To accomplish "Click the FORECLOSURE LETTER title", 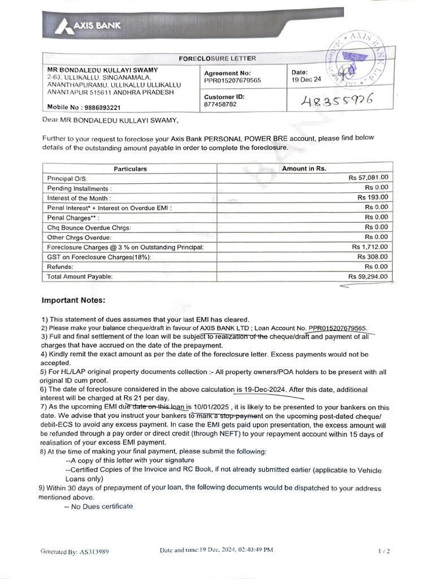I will click(217, 58).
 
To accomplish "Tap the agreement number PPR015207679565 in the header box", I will click(232, 81).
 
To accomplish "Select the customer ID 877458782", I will click(220, 104).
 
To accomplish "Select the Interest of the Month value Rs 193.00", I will click(372, 197).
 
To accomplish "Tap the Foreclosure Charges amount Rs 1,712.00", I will click(370, 247).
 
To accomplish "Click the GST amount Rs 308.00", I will click(373, 257).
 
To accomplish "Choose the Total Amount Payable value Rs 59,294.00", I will click(368, 276).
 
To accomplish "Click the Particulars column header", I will click(130, 168).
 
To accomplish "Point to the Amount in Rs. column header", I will click(304, 168).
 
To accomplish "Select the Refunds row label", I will click(60, 266).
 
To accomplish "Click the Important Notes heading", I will click(73, 300).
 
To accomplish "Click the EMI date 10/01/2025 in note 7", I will click(211, 407).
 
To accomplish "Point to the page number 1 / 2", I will click(384, 550).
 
